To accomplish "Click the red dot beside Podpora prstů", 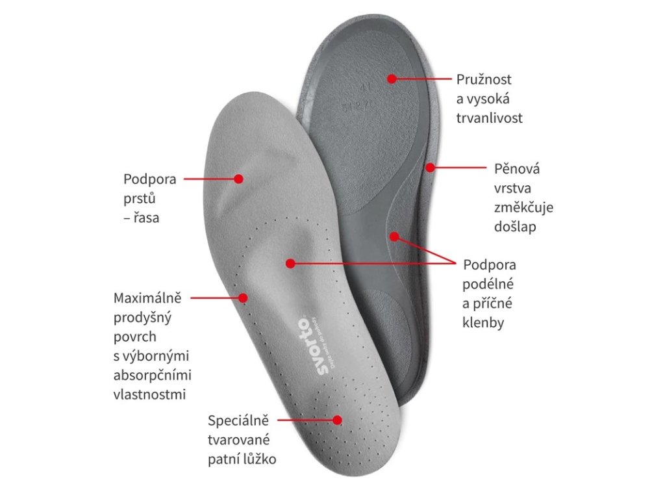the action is point(238,178).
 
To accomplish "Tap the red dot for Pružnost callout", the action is point(392,79).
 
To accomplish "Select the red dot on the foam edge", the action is point(430,167).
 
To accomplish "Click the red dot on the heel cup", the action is point(337,420).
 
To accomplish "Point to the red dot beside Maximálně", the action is point(244,298).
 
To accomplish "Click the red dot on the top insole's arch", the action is point(290,263).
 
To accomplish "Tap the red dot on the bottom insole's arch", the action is point(394,235).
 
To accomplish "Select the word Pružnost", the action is point(484,79).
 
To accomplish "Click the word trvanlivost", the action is point(490,118).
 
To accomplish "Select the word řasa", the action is point(146,218).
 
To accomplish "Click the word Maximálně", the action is point(147,298).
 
